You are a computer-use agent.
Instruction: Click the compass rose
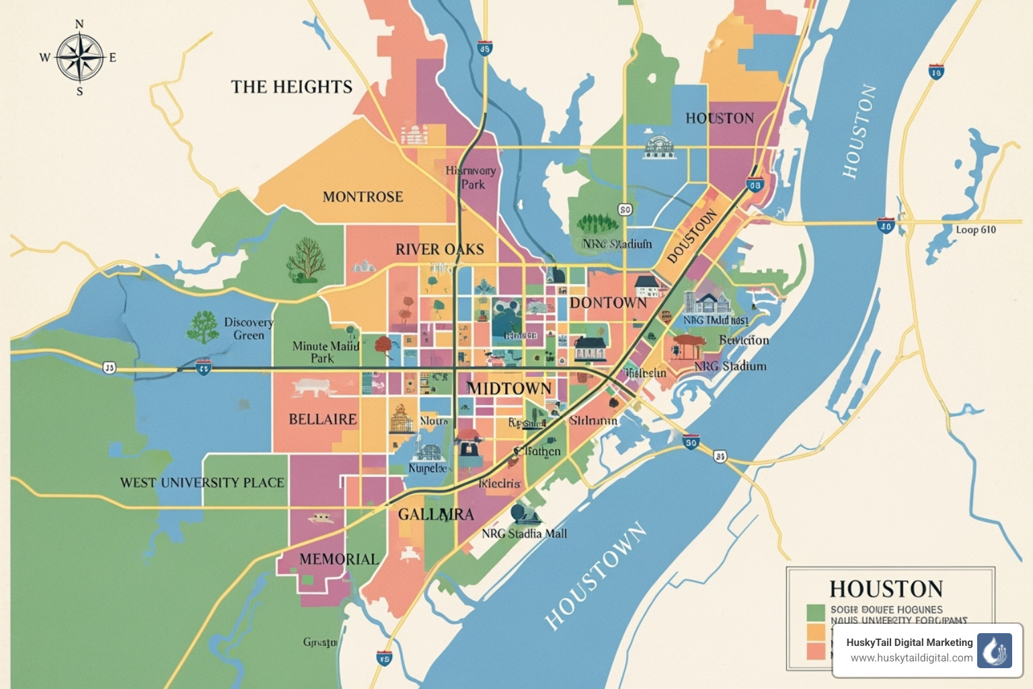pos(79,58)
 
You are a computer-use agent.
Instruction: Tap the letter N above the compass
pos(79,25)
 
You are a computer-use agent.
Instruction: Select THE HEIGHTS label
pos(291,87)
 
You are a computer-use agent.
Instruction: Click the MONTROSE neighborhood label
pos(362,196)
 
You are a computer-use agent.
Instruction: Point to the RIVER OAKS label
pos(439,250)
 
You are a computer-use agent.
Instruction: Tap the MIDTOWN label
pos(509,388)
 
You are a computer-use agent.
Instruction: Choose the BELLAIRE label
pos(322,419)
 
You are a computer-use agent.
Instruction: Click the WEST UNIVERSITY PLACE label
pos(202,482)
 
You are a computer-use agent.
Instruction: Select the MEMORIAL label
pos(339,559)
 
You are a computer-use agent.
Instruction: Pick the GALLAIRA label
pos(436,515)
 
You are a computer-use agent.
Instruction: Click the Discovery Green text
pos(248,328)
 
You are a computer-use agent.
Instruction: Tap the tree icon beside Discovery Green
pos(202,327)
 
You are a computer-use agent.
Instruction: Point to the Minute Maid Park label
pos(325,352)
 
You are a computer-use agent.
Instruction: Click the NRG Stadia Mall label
pos(524,534)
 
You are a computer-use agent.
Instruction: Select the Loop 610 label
pos(975,230)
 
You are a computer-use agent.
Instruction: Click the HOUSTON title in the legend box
pos(886,589)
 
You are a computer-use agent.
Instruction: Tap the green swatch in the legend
pos(815,612)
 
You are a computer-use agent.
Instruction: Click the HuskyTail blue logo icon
pos(994,650)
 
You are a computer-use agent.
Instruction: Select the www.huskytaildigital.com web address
pos(911,658)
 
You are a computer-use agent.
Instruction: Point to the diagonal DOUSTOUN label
pos(692,237)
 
